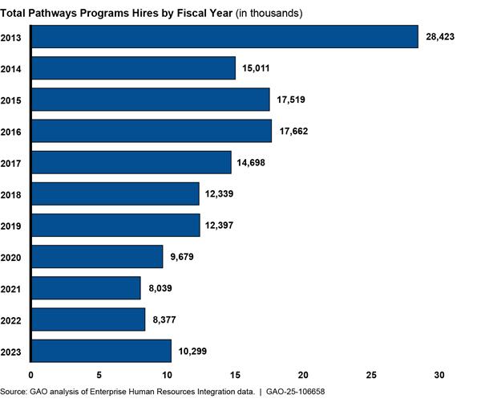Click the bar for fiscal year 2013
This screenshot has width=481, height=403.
click(224, 37)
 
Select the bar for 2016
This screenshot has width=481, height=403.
click(152, 131)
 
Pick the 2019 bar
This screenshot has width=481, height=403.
click(115, 226)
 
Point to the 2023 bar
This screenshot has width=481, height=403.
click(101, 351)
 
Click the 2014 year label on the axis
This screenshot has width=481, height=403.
click(12, 68)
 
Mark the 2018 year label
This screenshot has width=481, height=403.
click(12, 194)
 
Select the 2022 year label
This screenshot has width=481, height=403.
click(12, 320)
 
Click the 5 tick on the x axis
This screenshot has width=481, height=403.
click(99, 375)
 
